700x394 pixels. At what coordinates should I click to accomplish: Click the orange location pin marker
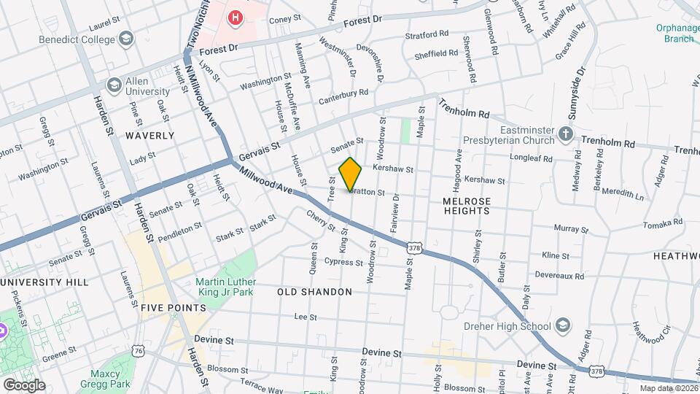(x=350, y=174)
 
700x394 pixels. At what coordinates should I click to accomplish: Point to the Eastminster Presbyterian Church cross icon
(x=565, y=134)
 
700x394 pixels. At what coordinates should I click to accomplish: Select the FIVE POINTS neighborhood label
(x=173, y=308)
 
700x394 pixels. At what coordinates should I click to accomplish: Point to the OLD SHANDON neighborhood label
(x=314, y=292)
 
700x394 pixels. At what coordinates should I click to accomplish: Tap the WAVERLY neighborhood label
(x=149, y=136)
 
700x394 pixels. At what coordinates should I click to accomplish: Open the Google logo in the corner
(x=23, y=385)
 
